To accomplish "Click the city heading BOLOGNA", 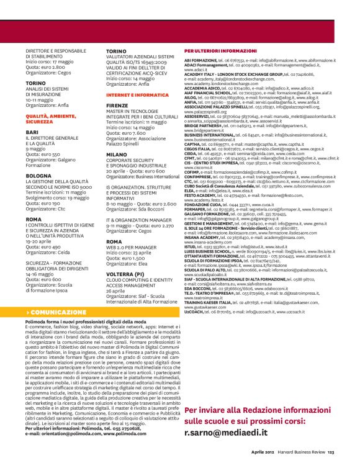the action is [38, 176].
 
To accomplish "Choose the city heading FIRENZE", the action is [119, 106].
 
